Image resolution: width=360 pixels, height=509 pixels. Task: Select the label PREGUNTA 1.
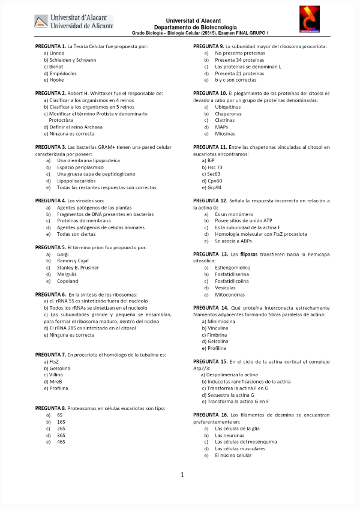click(50, 46)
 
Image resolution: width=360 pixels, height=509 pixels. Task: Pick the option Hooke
click(53, 79)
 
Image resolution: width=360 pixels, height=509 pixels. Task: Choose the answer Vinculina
click(215, 328)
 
